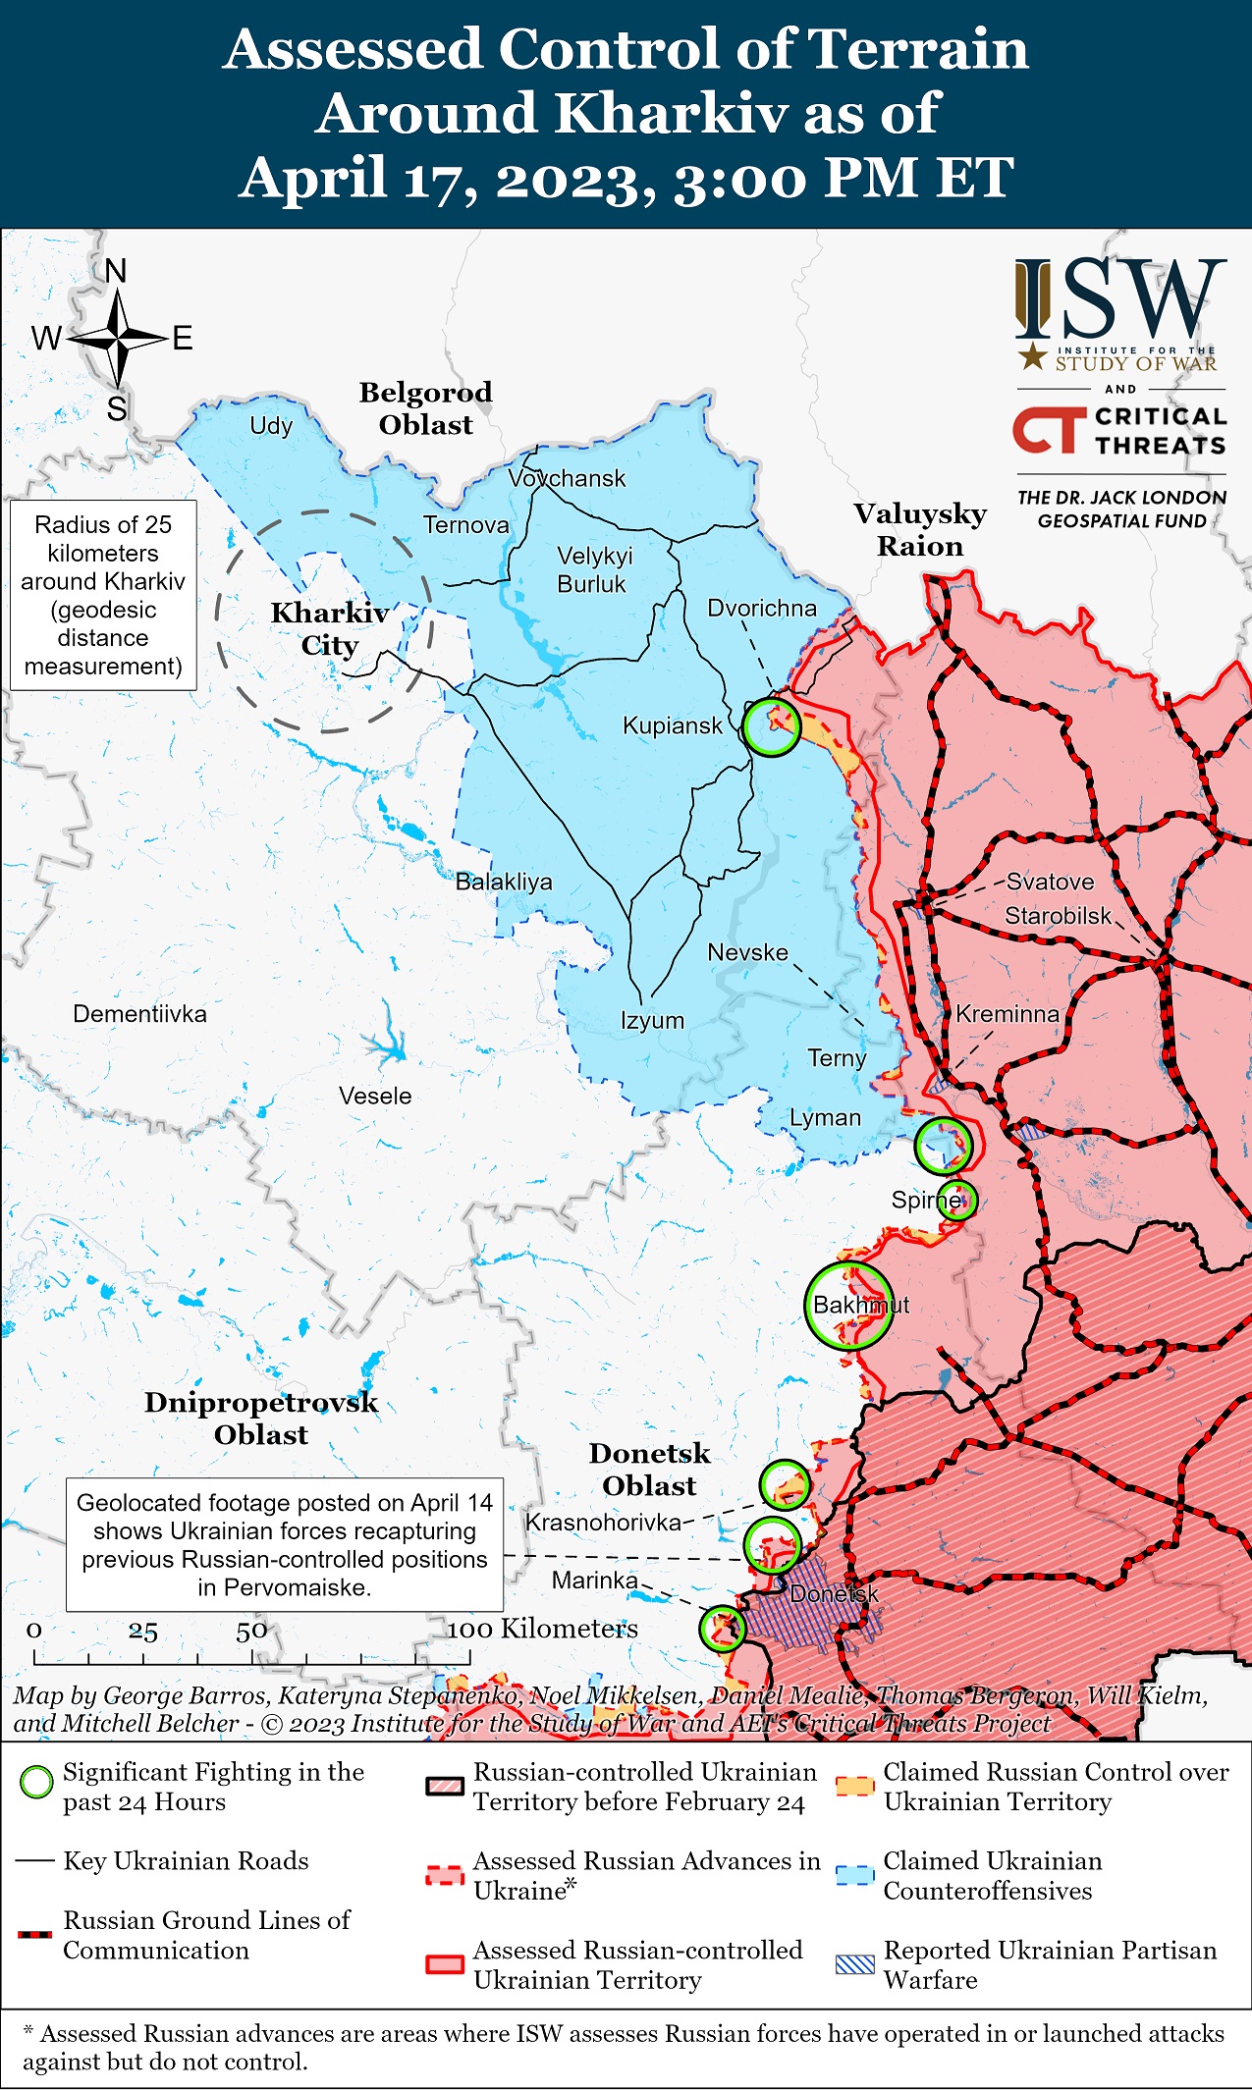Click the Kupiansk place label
coord(672,725)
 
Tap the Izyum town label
coord(652,1020)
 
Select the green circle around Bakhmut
coord(849,1306)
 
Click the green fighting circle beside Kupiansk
coord(772,727)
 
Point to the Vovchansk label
coord(567,478)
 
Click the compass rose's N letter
coord(116,271)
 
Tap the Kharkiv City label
coord(330,628)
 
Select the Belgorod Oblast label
coord(425,408)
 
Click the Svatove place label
coord(1050,882)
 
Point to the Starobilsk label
coord(1058,916)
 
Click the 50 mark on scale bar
coord(251,1631)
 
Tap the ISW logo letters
coord(1120,298)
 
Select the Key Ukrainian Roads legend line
coord(35,1861)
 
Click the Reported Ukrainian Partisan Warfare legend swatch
coord(854,1964)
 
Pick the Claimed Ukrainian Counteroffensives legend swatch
coord(854,1875)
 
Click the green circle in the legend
coord(36,1782)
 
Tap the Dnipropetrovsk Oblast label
coord(261,1418)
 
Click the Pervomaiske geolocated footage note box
coord(285,1544)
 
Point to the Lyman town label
coord(825,1117)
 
